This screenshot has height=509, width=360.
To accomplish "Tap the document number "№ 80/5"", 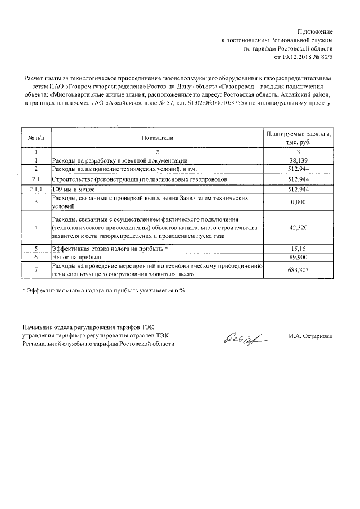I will [x=323, y=57].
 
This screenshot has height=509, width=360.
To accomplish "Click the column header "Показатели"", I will [x=158, y=137].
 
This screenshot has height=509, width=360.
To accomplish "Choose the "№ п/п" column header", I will [x=35, y=137].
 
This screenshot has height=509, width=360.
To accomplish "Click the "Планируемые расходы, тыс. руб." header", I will [x=300, y=138].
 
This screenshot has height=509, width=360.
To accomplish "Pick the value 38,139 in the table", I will [x=300, y=160].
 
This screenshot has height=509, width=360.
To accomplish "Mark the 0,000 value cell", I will [x=300, y=202].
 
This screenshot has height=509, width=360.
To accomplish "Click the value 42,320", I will [x=300, y=227].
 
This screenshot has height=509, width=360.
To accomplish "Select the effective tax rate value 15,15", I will [x=300, y=248].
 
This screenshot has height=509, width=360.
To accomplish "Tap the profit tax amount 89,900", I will [x=300, y=256].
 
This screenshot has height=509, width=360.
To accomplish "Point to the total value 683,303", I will [x=300, y=269].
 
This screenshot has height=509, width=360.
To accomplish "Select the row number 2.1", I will [x=35, y=179].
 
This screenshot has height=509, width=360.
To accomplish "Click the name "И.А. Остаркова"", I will [x=309, y=336].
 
